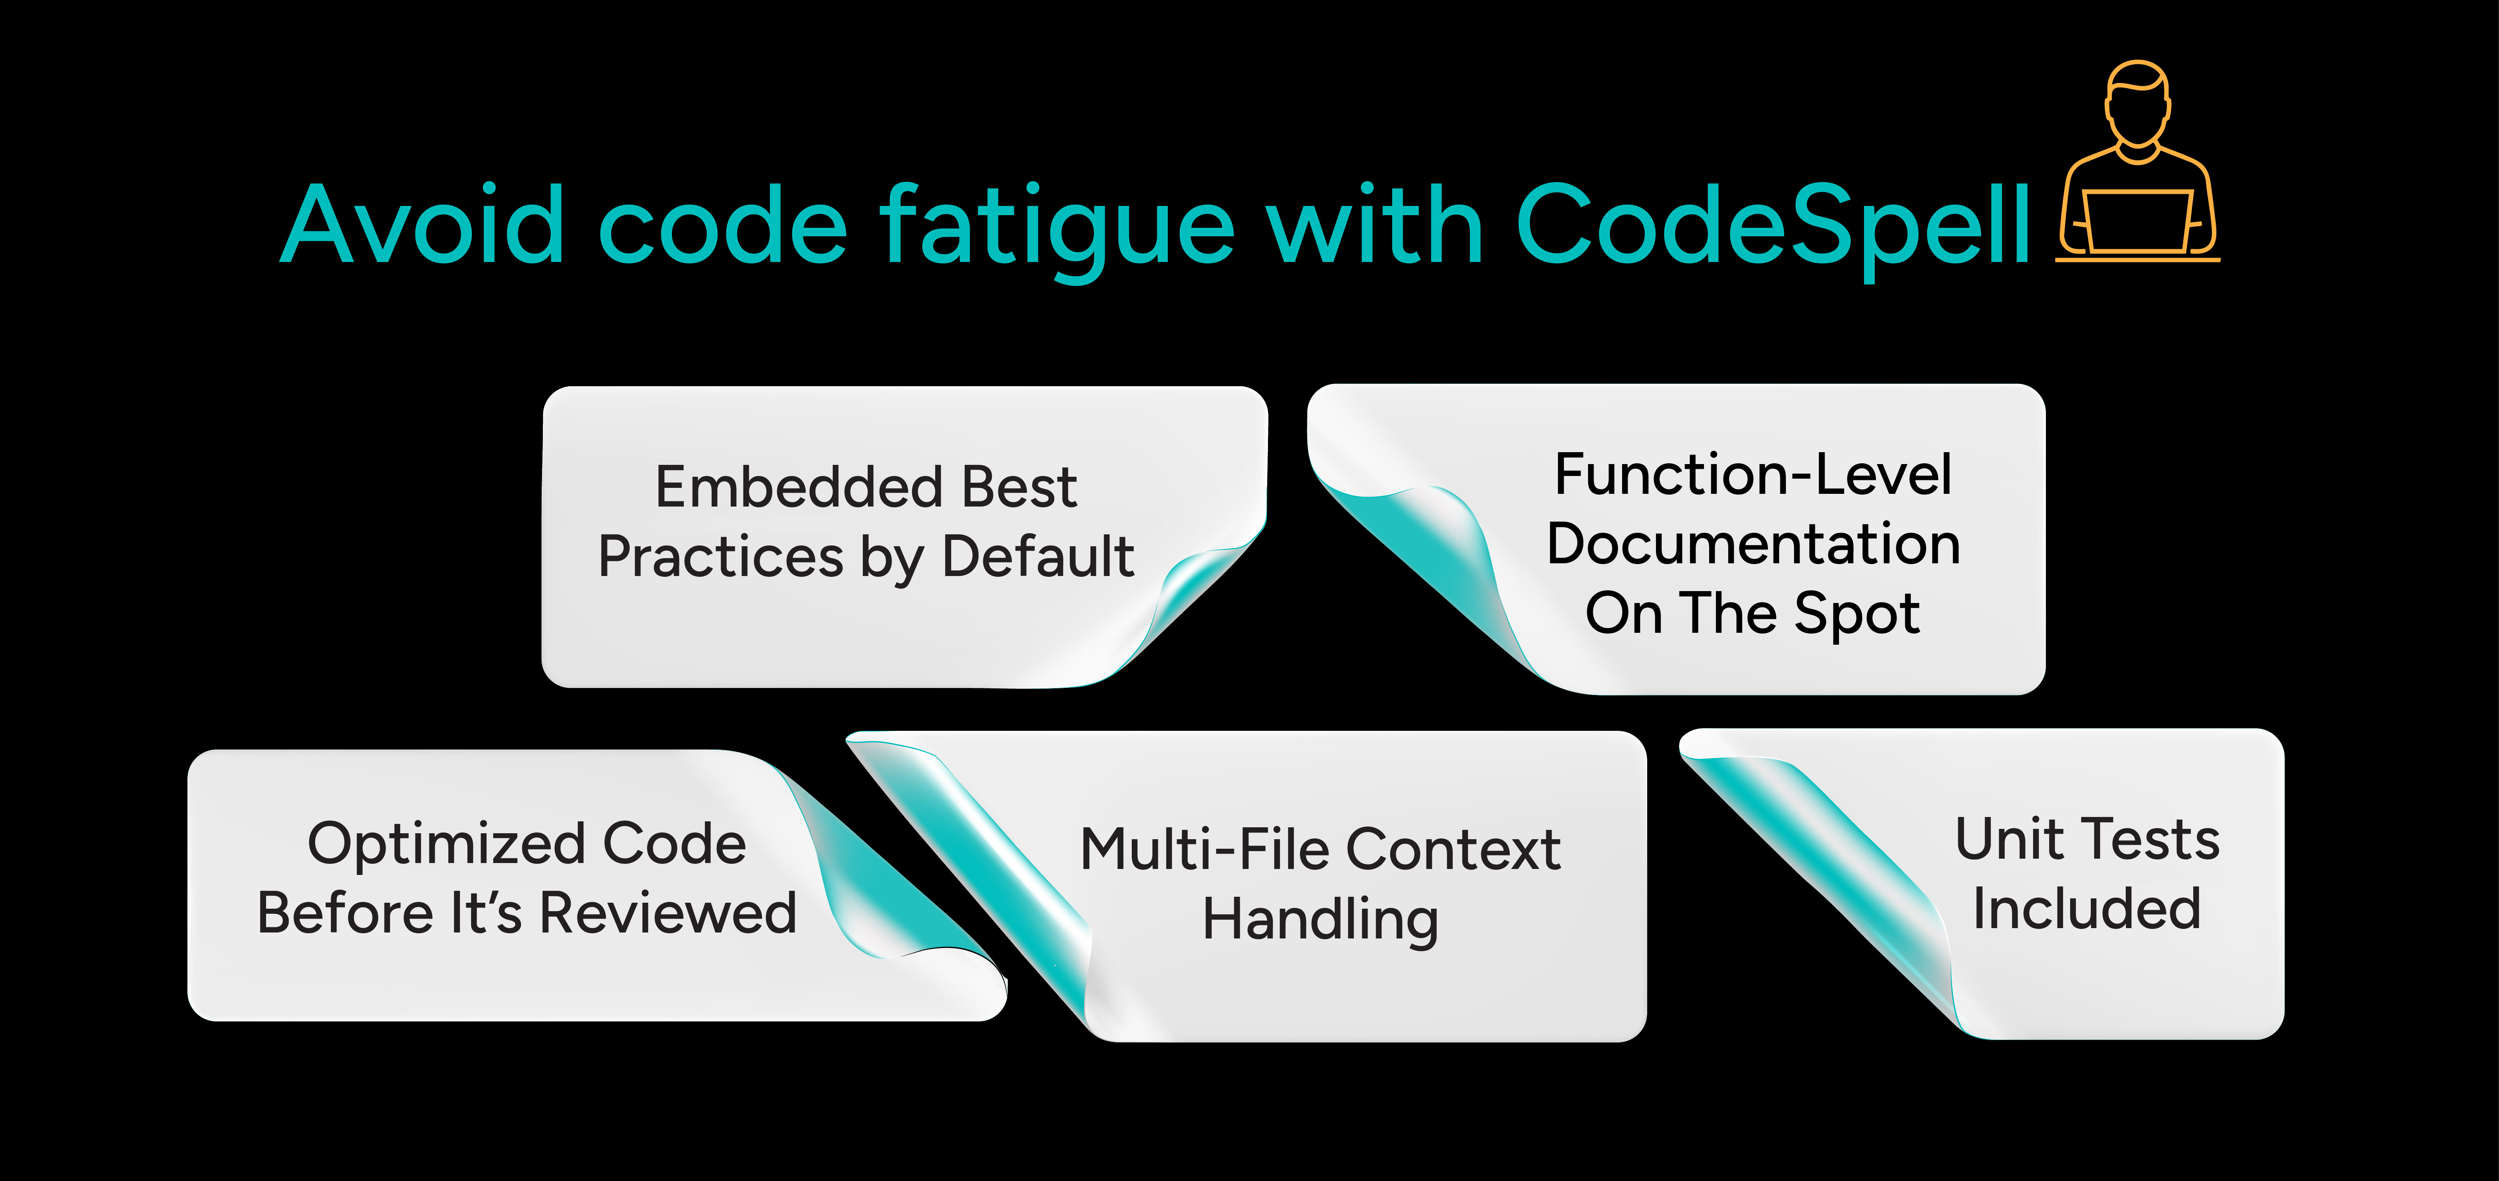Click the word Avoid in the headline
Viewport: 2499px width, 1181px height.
point(422,225)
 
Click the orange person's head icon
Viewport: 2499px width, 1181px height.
point(2137,102)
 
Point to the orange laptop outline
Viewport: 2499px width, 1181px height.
point(2137,221)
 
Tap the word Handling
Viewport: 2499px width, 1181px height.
point(1319,919)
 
